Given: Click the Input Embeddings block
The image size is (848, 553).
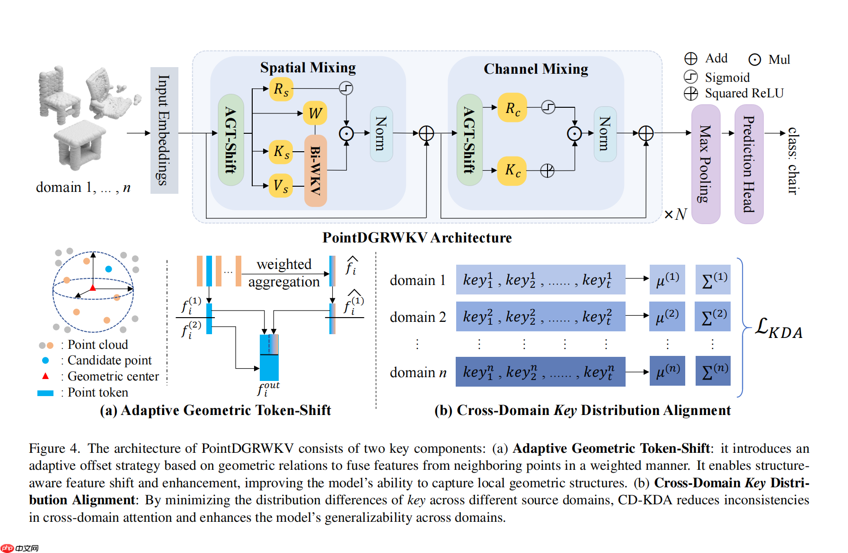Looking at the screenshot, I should coord(164,130).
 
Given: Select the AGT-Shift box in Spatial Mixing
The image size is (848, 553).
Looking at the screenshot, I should coord(231,140).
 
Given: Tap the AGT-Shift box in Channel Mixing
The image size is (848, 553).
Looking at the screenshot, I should coord(469,140).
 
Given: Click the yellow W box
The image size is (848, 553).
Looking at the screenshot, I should coord(315,113).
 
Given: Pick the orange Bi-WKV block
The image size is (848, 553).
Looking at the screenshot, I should coord(316,171).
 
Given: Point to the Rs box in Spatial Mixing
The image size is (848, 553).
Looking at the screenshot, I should coord(281,89).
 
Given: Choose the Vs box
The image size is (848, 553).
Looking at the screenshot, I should coord(281,186).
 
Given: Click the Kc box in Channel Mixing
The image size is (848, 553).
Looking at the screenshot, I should coord(512,170).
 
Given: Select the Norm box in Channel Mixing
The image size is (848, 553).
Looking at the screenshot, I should coord(605,134).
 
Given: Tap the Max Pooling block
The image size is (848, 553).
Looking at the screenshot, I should coord(706,164).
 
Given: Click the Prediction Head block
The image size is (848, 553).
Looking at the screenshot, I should coord(749,164).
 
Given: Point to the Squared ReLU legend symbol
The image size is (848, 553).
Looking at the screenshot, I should coord(691,94).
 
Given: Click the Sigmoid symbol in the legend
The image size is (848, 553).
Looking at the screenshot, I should coord(691,77).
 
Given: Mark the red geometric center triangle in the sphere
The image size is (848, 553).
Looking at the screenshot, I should coord(93,287).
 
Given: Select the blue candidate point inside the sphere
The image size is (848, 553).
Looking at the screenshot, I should coord(108,269).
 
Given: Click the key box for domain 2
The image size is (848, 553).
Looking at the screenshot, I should coord(540,316).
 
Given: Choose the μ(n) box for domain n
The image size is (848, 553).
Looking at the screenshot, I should coord(667,371).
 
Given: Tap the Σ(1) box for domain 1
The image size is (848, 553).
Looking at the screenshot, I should coord(713,279).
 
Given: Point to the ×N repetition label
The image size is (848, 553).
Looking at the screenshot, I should coord(675,215).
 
